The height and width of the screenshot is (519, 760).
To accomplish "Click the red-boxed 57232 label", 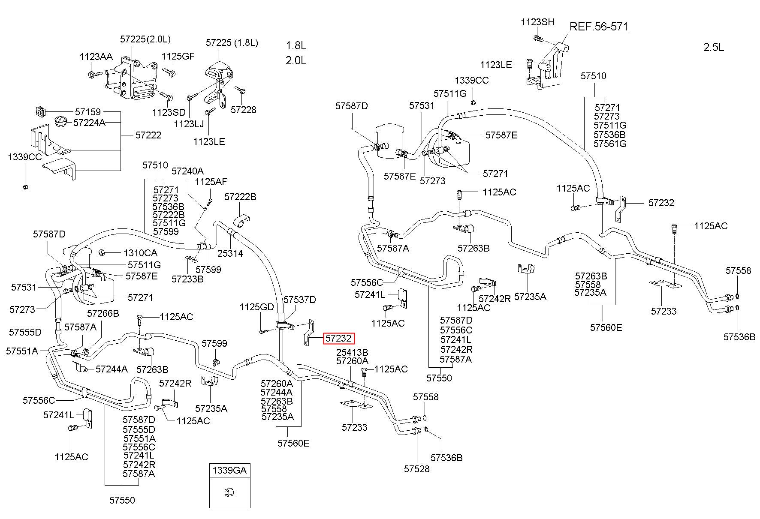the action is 339,339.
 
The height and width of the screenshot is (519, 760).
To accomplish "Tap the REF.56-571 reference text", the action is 599,27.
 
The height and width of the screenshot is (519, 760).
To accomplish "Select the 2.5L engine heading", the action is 714,48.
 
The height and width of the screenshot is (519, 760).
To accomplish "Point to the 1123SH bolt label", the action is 537,22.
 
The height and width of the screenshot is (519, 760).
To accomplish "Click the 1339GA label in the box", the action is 229,471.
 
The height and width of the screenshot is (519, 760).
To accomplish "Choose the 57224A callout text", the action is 89,123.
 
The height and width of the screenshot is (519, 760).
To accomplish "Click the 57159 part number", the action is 87,112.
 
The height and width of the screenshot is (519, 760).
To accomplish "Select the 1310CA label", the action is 140,253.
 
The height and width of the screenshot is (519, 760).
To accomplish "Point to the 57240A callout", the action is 187,171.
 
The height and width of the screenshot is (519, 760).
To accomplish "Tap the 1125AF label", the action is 211,182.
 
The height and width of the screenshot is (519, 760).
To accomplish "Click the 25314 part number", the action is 230,253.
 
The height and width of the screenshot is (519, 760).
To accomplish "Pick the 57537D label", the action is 300,299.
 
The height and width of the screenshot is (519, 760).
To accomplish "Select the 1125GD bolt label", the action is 256,307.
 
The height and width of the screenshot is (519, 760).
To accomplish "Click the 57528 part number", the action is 416,469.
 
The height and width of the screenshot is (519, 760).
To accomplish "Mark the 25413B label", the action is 352,352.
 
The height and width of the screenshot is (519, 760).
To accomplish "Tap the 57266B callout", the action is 103,313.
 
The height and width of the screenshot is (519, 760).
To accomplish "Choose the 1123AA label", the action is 96,57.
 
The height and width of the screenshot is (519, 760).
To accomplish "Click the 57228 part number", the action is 243,110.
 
